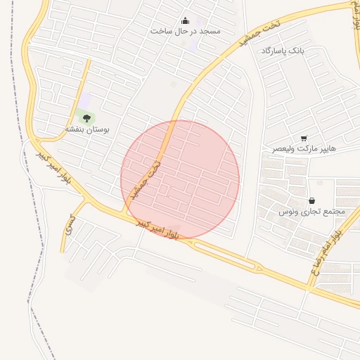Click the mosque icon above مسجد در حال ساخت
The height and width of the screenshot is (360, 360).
[x=186, y=20]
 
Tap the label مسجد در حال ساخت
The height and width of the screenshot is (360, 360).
[x=186, y=32]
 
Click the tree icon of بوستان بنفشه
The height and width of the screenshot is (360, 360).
[x=86, y=118]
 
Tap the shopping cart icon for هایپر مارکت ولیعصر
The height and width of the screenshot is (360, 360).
[x=304, y=139]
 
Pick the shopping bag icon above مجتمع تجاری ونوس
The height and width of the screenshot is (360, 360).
[x=311, y=200]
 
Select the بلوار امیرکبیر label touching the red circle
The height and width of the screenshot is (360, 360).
[x=159, y=229]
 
